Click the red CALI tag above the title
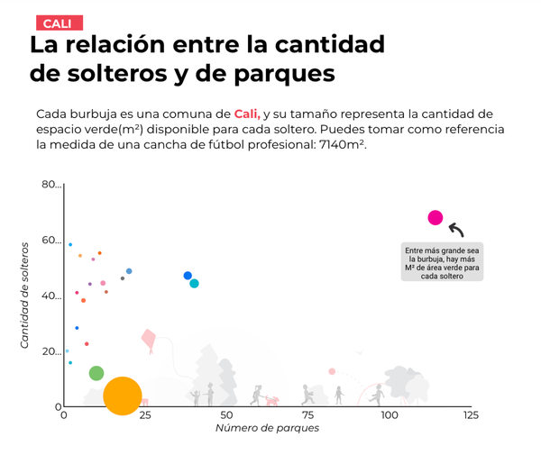click(x=58, y=23)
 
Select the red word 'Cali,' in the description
click(x=247, y=114)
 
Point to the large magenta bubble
click(x=436, y=217)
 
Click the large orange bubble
click(x=123, y=396)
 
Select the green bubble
click(x=96, y=373)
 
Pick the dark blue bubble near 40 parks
click(x=188, y=276)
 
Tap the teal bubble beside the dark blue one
click(x=195, y=284)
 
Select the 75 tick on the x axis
click(x=307, y=415)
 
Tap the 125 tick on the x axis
click(x=470, y=415)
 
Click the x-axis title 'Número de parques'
click(x=267, y=428)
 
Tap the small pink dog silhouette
click(x=271, y=400)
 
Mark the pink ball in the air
click(x=332, y=371)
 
